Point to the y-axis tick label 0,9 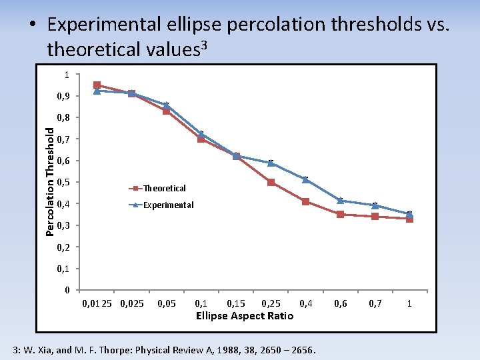click(63, 96)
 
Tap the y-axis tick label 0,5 click(63, 183)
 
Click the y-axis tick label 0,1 click(63, 269)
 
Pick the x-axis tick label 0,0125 click(97, 304)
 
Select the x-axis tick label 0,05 click(167, 304)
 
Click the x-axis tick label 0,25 click(271, 304)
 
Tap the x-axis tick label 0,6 click(341, 304)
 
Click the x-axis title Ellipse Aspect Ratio click(244, 316)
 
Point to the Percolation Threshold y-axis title click(51, 177)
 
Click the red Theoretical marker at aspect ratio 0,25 click(271, 182)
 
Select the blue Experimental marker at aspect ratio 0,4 click(305, 179)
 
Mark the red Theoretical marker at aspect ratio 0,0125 click(97, 85)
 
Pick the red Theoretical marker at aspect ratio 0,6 click(341, 214)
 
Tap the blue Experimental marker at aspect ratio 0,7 click(375, 205)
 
